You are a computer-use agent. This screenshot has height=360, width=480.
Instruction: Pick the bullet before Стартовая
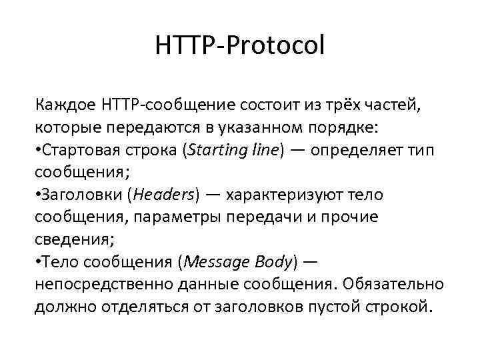click(x=37, y=150)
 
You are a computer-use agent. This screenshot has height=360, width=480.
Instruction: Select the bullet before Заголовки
click(x=37, y=195)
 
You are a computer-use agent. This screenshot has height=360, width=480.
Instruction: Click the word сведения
click(x=69, y=239)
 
